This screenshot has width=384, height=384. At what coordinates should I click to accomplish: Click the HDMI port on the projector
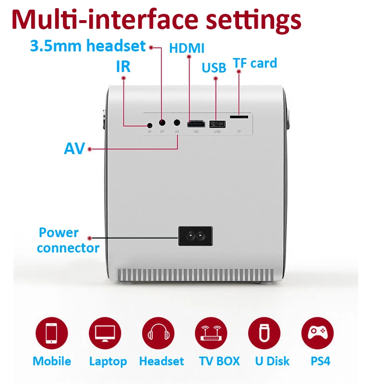[196, 123]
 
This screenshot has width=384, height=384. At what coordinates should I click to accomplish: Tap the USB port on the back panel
[217, 123]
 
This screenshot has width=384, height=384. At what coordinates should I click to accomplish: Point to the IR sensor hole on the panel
[150, 126]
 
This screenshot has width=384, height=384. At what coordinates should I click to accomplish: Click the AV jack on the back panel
[178, 123]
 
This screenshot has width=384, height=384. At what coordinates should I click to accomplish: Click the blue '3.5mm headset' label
[87, 46]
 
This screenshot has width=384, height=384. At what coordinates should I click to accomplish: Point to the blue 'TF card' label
[255, 63]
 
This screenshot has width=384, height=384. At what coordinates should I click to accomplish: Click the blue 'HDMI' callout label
[187, 48]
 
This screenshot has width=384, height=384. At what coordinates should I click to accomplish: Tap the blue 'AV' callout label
[74, 148]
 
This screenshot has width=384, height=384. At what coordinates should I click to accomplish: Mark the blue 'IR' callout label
[123, 67]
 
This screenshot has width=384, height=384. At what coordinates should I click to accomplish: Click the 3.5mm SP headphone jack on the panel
[162, 123]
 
